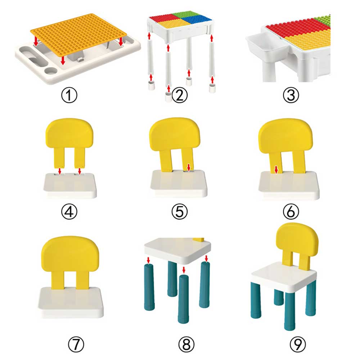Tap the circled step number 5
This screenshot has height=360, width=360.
point(180,211)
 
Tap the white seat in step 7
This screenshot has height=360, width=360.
point(71,302)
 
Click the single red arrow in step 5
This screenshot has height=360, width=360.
point(189,167)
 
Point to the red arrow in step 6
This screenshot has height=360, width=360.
point(276,170)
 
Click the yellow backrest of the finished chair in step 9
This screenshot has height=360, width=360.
point(297,243)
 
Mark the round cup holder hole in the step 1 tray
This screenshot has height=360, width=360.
point(51,71)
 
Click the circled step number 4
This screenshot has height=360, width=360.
point(69,211)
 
